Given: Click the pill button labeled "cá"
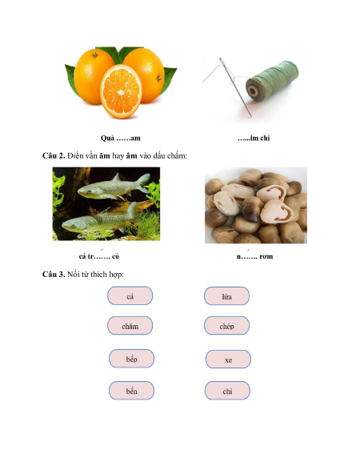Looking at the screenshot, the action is tap(130, 295).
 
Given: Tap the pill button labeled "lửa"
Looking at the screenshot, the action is tap(226, 296).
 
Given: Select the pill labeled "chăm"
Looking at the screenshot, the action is tap(130, 326).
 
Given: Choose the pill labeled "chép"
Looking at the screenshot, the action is tap(226, 326).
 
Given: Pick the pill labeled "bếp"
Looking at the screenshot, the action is tap(131, 359).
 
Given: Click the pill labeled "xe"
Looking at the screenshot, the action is tap(228, 360).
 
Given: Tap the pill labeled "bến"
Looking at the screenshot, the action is tap(131, 391).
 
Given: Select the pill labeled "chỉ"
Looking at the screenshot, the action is tap(227, 391).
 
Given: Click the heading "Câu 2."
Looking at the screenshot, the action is tap(54, 155).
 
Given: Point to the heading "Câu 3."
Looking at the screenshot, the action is tap(54, 274).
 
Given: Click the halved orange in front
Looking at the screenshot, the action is tap(121, 91).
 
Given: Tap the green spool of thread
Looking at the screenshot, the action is tap(272, 81).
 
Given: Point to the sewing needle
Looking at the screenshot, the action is tap(235, 87).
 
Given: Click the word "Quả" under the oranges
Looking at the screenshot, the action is tap(107, 139).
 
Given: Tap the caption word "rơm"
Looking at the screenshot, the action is tap(266, 256).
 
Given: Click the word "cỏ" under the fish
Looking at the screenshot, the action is tap(115, 256).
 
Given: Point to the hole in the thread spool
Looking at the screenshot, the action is tap(253, 91).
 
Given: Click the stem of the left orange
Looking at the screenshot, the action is tap(95, 54).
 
